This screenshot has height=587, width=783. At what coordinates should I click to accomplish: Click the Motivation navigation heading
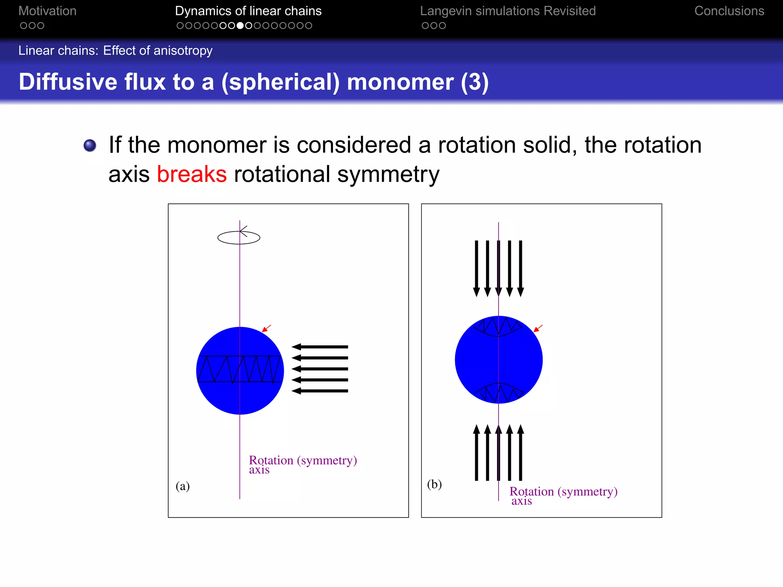47,11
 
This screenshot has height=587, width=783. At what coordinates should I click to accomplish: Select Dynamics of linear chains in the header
248,11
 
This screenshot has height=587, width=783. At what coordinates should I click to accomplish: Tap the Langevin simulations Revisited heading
508,11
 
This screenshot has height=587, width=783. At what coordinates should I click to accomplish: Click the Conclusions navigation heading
729,11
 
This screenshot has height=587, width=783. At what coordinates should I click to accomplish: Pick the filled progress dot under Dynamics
240,26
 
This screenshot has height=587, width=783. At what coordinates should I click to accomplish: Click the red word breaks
192,174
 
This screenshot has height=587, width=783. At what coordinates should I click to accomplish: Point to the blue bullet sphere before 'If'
90,145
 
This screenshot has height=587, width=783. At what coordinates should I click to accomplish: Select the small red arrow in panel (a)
266,328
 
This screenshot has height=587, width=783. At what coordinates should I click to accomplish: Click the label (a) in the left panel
182,486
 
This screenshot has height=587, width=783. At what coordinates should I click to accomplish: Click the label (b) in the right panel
434,484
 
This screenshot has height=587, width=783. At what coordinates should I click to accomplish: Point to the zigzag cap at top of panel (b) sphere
498,326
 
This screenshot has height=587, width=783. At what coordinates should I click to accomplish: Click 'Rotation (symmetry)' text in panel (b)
563,491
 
